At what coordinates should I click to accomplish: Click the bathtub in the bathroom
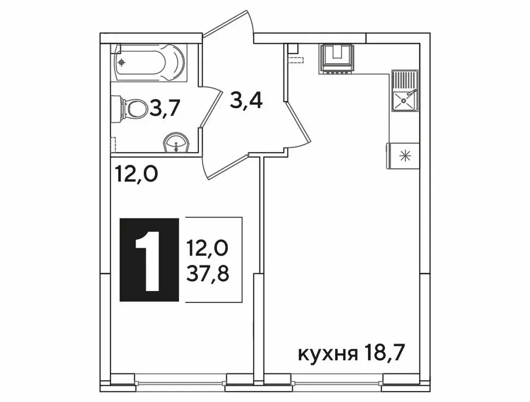149,62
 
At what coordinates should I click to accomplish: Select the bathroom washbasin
177,142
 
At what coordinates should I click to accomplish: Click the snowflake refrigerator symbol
404,155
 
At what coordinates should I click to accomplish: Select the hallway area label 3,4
246,99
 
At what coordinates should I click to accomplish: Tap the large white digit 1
149,260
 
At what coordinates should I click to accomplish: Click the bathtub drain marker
122,62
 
